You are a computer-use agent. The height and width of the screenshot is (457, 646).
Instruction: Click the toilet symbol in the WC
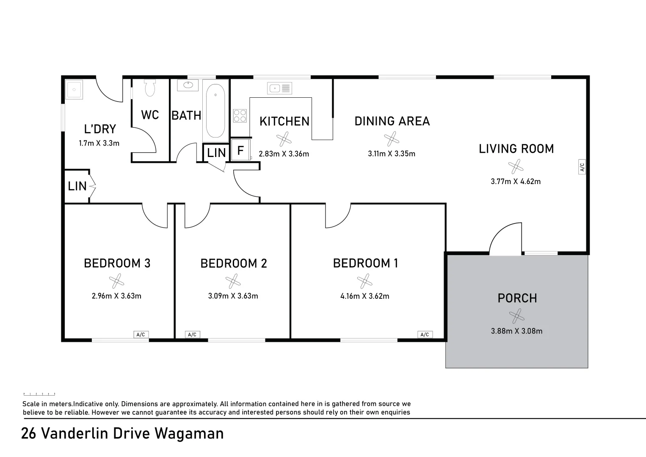150,88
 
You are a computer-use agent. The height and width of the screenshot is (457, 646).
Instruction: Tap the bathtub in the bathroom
215,111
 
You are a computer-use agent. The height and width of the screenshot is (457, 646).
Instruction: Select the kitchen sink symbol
279,88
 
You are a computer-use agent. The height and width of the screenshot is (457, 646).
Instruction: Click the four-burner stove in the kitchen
240,116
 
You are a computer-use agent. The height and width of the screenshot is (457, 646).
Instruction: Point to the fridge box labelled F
240,150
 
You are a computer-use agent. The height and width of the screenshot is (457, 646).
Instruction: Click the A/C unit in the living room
582,166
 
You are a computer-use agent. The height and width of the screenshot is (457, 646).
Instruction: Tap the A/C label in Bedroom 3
141,334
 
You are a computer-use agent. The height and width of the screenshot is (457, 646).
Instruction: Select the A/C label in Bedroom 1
425,334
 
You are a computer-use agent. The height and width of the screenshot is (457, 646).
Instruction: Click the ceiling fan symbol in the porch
517,316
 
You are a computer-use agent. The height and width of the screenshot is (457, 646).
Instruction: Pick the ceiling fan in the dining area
392,139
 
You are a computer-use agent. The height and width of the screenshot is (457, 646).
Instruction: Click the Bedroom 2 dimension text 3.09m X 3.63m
233,296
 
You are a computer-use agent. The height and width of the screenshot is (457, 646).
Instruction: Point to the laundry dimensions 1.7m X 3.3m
99,143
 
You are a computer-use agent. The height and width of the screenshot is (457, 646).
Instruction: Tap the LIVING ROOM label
516,149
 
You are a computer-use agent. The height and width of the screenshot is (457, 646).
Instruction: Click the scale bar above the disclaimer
39,394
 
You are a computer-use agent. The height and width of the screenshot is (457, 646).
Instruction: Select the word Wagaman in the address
189,433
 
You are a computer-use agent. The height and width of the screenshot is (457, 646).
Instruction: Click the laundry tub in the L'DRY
74,89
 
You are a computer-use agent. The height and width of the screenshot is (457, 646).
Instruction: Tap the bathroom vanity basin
188,85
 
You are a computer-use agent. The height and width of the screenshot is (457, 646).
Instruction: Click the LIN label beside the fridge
216,153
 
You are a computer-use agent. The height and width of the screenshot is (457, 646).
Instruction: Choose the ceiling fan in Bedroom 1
364,281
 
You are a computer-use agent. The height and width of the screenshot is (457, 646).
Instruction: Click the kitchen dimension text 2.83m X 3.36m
284,154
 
